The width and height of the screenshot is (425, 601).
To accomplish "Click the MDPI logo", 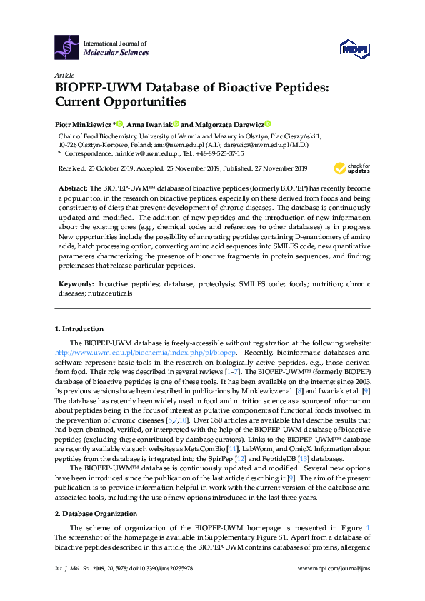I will point(353,48).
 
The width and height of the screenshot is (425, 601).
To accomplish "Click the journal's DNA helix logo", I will point(67,47).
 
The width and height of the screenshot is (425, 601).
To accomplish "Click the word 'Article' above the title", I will point(64,75).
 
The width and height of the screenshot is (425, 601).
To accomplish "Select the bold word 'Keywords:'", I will point(75,283).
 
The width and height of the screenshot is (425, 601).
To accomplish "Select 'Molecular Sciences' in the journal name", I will point(116,52).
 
